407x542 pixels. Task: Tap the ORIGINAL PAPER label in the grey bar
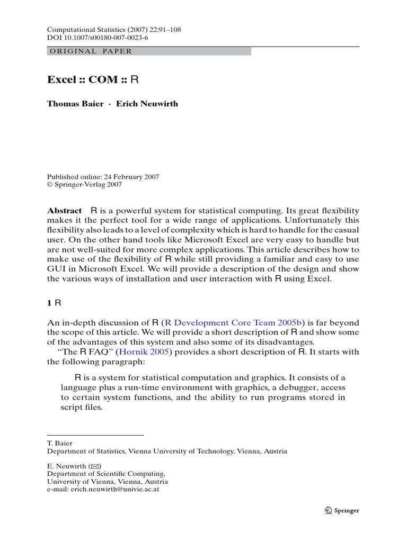[x=90, y=51]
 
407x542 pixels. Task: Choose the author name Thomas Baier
[x=75, y=104]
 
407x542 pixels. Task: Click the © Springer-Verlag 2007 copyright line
[x=84, y=185]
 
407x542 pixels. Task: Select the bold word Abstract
[x=65, y=210]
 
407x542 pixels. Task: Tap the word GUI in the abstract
[x=56, y=269]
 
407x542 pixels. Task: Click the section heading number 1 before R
[x=50, y=303]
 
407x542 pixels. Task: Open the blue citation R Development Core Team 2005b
[x=233, y=322]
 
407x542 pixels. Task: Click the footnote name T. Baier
[x=60, y=443]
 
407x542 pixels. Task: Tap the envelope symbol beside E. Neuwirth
[x=95, y=466]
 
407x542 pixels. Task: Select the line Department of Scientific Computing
[x=106, y=474]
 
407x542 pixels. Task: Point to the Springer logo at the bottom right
[x=342, y=510]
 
